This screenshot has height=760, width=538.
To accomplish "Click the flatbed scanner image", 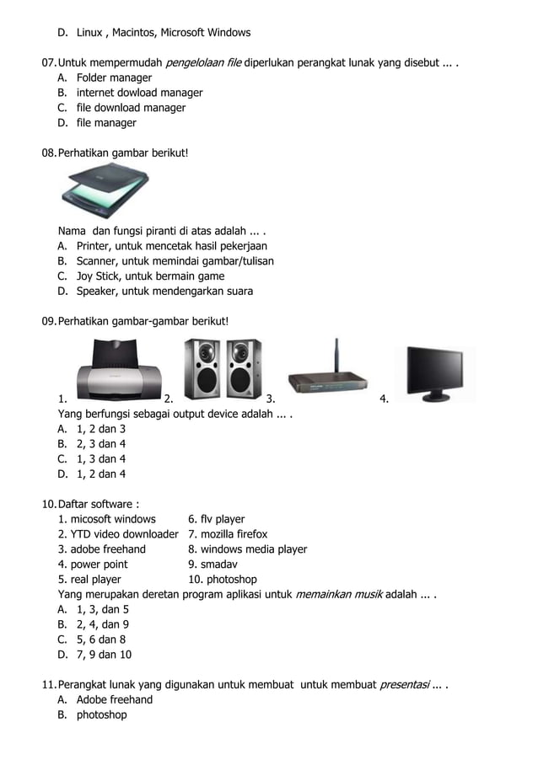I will pos(105,191).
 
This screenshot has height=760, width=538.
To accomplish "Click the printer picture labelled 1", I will pos(117,372).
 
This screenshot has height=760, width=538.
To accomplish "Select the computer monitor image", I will pos(434,372).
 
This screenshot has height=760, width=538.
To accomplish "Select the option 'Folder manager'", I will pos(114,78).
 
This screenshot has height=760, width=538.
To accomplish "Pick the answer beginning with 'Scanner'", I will pos(175,261).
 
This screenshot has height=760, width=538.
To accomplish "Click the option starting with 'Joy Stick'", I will pos(150,276).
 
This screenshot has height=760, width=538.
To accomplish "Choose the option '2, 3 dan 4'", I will pos(100,444).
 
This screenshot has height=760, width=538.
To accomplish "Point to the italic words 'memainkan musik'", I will pos(338,595).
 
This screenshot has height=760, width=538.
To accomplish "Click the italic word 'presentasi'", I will pos(404,685).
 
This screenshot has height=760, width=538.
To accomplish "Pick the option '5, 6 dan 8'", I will pos(100,640).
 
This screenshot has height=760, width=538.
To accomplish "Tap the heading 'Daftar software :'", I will pos(98,504).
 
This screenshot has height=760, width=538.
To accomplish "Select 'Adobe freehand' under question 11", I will pos(115,700).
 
